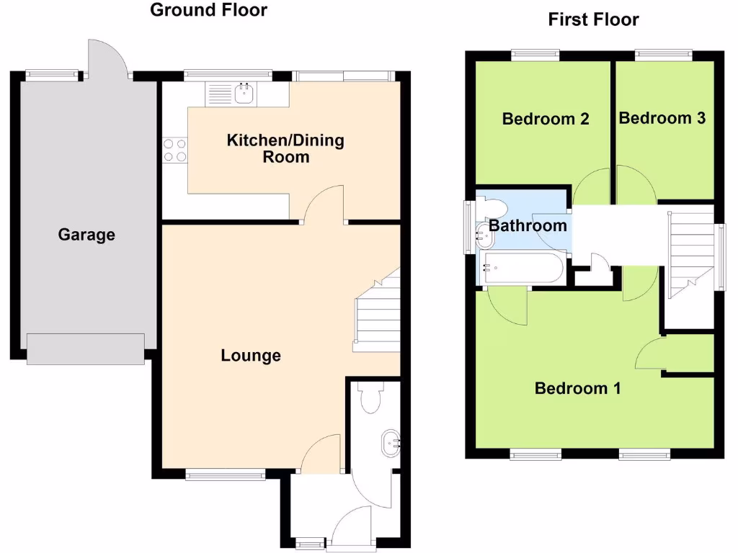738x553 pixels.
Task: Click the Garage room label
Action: pyautogui.click(x=86, y=235)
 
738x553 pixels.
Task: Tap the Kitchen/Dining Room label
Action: pyautogui.click(x=285, y=148)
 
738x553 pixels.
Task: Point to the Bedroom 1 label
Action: pyautogui.click(x=577, y=389)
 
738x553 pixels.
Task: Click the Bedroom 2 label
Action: pyautogui.click(x=546, y=119)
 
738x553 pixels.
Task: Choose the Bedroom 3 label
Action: pyautogui.click(x=662, y=118)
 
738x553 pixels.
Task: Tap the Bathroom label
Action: pyautogui.click(x=528, y=226)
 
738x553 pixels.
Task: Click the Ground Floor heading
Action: pyautogui.click(x=208, y=10)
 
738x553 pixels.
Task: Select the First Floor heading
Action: pyautogui.click(x=593, y=19)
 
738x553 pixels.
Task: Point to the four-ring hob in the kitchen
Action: pyautogui.click(x=174, y=150)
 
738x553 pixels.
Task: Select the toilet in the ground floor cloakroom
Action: pyautogui.click(x=371, y=398)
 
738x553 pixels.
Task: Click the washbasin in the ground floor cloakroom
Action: pyautogui.click(x=391, y=441)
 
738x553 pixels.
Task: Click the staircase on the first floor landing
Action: pyautogui.click(x=689, y=252)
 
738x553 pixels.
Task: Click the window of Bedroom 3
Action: pyautogui.click(x=663, y=53)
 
